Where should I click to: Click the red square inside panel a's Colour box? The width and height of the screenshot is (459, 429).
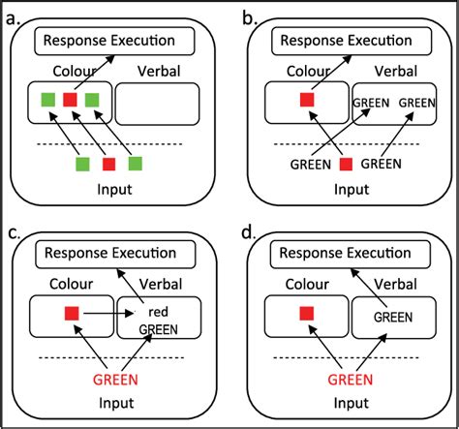tap(69, 100)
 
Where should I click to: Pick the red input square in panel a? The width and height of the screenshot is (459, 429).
tap(108, 163)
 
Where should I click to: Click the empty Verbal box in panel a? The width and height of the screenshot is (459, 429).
tap(157, 102)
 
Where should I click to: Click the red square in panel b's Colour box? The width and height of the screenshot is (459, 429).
tap(307, 100)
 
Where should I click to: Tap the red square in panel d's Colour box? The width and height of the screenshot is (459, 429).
tap(307, 314)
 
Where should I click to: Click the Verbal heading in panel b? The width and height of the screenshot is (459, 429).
tap(386, 72)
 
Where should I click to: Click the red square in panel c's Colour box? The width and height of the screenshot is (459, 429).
tap(71, 314)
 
